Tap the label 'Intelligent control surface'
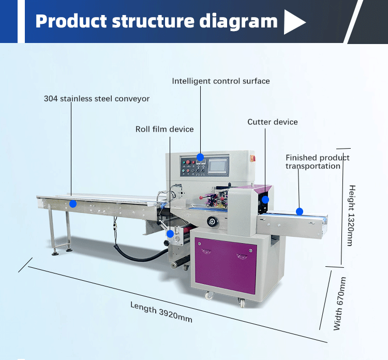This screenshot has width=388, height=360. [221, 81]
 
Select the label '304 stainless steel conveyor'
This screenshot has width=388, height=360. [97, 99]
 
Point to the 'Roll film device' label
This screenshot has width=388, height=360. [165, 129]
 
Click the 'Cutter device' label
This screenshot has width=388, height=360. [273, 122]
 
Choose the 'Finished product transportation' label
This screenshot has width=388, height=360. [317, 162]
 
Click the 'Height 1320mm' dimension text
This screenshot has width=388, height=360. [352, 215]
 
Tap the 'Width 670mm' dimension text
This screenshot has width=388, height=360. [339, 304]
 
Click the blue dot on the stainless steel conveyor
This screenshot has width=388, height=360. [73, 204]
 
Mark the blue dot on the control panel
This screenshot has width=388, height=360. [200, 157]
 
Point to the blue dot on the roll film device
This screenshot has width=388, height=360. [170, 234]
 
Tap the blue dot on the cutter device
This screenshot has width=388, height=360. [265, 199]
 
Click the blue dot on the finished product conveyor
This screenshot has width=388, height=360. [299, 211]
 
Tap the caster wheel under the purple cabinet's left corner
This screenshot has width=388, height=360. [209, 296]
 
